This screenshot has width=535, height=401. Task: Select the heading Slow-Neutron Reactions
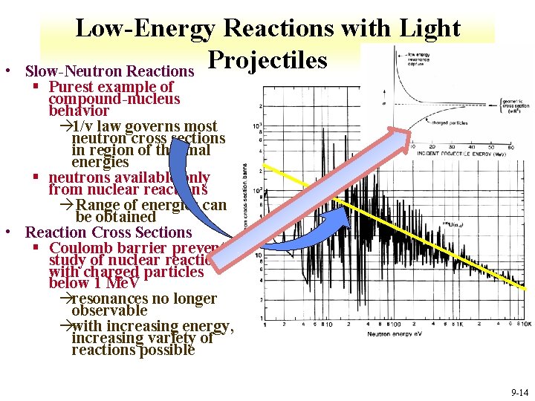point(109,72)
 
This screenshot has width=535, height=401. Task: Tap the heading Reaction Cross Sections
point(108,232)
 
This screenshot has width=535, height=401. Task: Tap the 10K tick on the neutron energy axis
point(526,325)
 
